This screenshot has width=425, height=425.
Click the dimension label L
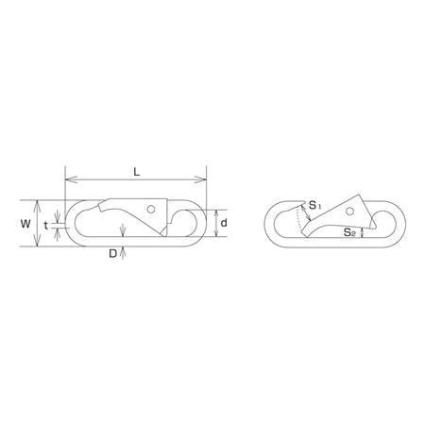(136, 172)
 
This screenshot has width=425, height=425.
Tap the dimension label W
(25, 224)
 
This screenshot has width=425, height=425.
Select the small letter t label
(46, 226)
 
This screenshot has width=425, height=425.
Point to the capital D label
(112, 253)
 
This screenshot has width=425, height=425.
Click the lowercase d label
(224, 223)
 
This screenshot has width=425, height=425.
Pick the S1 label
(314, 206)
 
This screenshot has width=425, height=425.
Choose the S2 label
(349, 232)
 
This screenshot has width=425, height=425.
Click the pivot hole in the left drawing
(151, 209)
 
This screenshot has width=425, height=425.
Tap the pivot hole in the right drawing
(349, 212)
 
